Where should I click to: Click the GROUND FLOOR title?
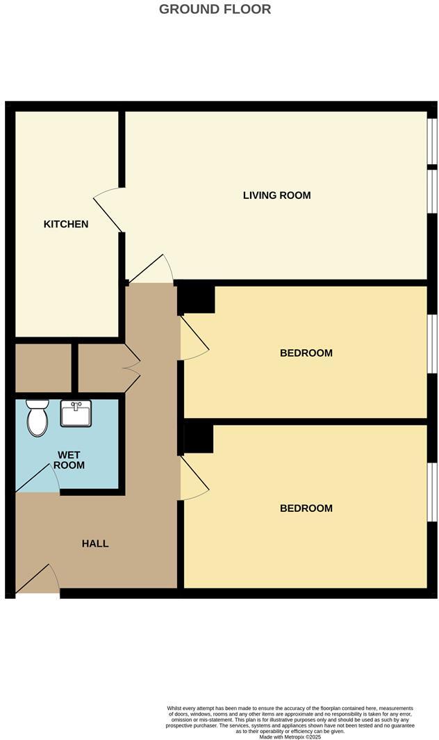pos(215,9)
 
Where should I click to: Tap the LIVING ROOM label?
pos(276,195)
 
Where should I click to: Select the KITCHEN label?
pos(66,224)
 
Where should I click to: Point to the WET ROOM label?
pos(71,460)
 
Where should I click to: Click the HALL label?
pos(95,543)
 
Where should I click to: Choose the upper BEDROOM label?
pos(306,353)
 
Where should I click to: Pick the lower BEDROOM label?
pos(306,508)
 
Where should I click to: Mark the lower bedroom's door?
pos(194,478)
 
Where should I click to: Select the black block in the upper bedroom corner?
pos(197,300)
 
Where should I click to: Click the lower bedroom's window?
pos(432,492)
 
